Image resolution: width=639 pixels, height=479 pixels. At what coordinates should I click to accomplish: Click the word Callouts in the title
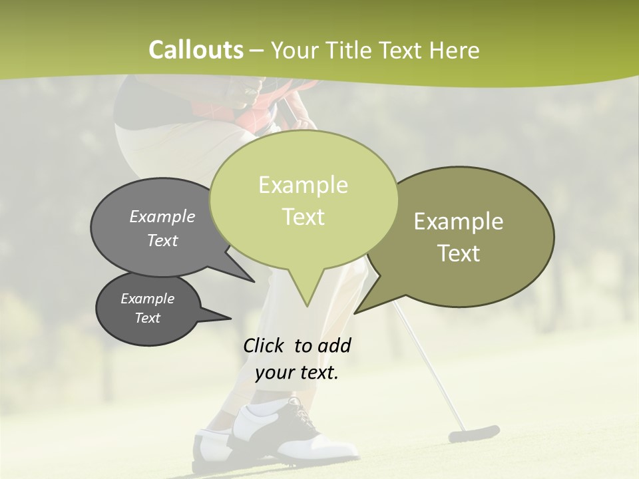tap(196, 50)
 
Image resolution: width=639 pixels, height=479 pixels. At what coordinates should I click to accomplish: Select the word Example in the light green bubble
tap(303, 185)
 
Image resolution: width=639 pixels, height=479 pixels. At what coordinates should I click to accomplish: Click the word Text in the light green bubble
tap(303, 217)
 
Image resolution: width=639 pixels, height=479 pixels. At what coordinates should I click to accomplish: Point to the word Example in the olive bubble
tap(458, 222)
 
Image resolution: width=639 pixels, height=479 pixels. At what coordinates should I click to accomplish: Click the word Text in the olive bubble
tap(459, 253)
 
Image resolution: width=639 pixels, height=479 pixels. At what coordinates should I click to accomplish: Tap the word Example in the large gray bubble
tap(162, 217)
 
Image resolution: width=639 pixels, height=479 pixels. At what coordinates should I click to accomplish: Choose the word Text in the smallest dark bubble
tap(147, 318)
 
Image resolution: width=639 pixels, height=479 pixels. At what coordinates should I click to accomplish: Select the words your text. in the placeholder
tap(296, 373)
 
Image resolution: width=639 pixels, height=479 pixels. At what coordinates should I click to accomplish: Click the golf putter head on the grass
tap(473, 433)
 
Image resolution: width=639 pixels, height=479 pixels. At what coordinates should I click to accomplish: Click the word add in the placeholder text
tap(333, 345)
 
